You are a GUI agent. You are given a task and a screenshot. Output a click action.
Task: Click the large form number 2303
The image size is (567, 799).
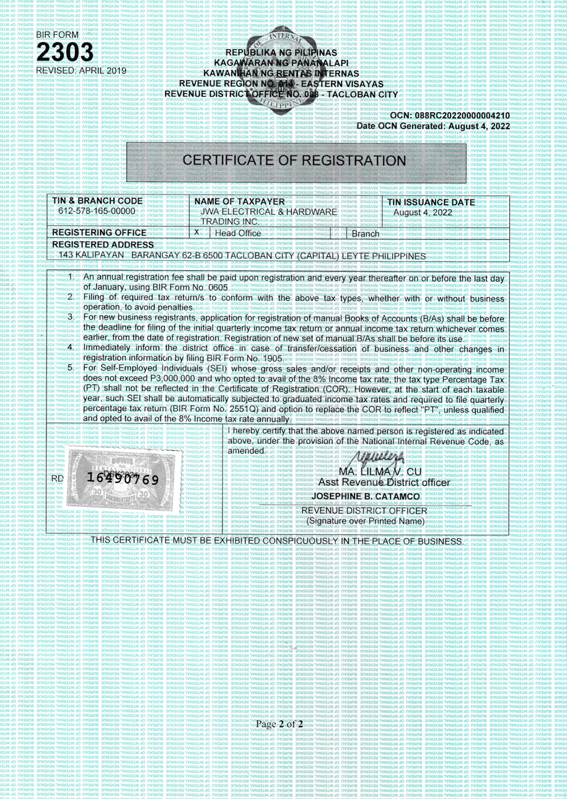66,53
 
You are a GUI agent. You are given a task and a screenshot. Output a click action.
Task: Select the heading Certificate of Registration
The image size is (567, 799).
297,160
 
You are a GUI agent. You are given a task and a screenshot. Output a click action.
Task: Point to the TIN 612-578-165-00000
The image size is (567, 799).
100,212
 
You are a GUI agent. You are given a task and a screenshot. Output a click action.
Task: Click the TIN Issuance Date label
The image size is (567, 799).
431,202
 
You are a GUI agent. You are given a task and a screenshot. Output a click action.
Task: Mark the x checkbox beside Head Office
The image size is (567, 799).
196,232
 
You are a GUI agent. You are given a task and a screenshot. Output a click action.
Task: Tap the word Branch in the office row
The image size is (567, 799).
364,233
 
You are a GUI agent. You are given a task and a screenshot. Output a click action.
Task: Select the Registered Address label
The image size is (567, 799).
99,245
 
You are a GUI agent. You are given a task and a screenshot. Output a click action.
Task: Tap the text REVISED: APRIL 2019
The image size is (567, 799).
82,71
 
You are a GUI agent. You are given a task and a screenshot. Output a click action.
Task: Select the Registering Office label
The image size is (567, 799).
100,233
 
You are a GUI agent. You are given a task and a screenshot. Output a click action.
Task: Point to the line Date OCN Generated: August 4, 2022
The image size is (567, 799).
433,126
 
